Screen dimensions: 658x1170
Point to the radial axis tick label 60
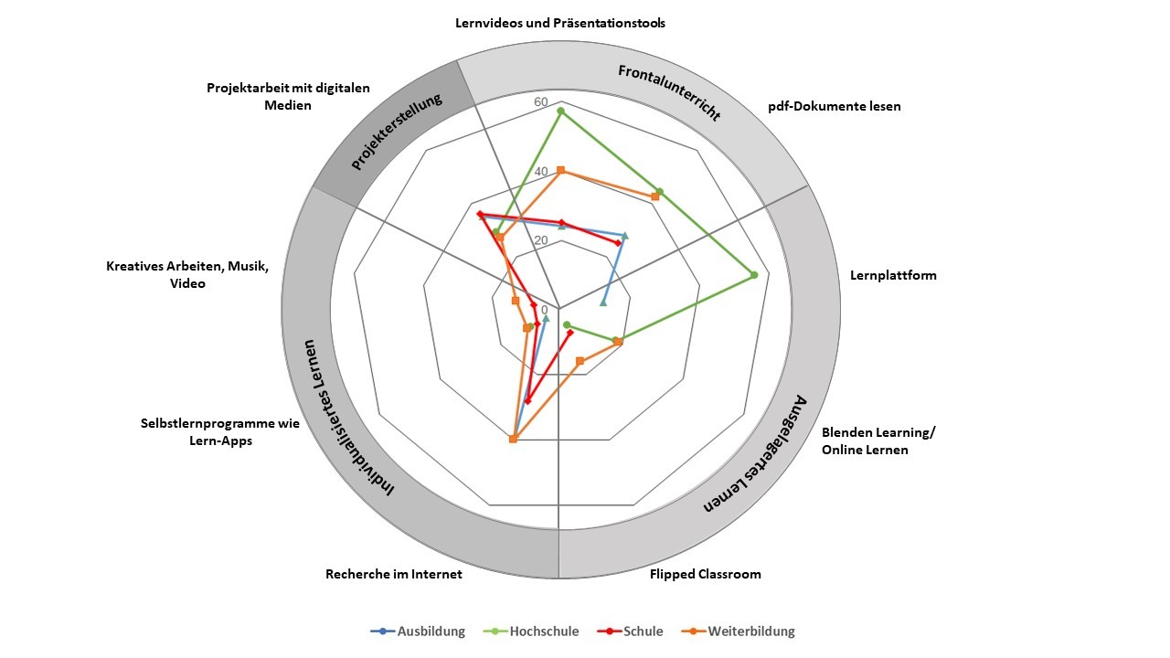(540, 101)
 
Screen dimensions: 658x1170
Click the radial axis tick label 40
(540, 172)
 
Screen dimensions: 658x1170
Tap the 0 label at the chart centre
(546, 310)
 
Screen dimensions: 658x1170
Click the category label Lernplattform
(893, 275)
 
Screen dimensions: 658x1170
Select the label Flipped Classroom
(705, 575)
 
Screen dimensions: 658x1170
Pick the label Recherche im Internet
(394, 575)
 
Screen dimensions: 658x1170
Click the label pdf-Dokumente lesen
(835, 106)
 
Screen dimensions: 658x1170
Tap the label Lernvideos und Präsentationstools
(560, 23)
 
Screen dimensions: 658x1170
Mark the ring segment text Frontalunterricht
(669, 92)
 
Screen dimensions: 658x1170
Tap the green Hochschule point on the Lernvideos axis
(560, 111)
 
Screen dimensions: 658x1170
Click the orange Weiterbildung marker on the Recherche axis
(513, 440)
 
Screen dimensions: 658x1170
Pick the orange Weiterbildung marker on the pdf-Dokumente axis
(655, 196)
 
